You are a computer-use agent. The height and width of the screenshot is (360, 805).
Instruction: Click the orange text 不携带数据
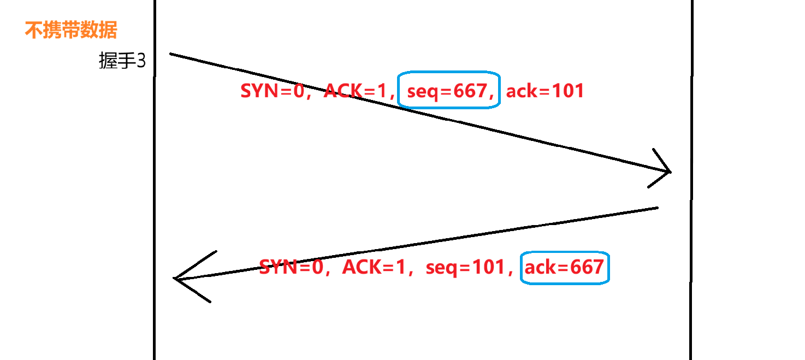coord(71,31)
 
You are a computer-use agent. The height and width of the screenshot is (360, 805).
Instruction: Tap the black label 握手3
coord(122,61)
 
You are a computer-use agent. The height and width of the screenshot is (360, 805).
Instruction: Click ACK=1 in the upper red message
coord(355,91)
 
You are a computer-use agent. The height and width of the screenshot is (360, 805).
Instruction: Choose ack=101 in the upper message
coord(545,91)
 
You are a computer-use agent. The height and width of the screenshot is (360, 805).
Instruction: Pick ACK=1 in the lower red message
coord(373,267)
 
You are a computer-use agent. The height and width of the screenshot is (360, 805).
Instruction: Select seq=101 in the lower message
coord(465,267)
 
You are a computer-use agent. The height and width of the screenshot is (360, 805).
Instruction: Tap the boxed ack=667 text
coord(564,267)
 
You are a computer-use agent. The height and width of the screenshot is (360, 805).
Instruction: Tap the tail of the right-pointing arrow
coord(171,54)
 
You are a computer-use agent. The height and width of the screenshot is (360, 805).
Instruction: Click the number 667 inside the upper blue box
coord(471,91)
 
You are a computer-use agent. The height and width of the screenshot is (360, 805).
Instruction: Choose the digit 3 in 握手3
coord(141,61)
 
